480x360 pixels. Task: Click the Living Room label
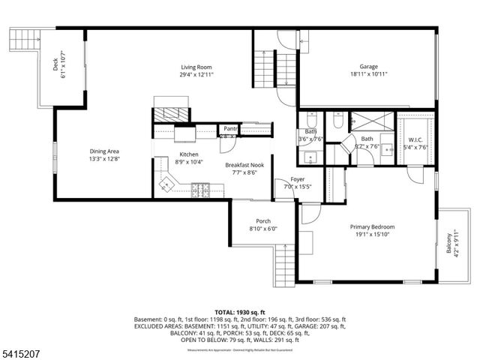(197, 70)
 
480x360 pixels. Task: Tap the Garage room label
(367, 70)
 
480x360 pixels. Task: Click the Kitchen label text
(188, 157)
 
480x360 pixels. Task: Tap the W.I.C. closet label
(417, 143)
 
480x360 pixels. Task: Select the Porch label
(263, 224)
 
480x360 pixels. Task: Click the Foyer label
(298, 181)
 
